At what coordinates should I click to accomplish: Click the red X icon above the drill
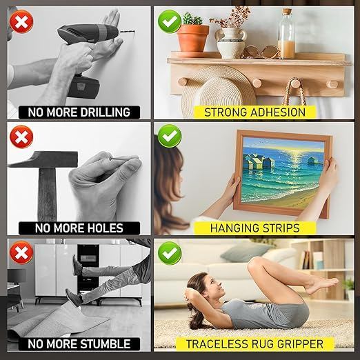pyautogui.click(x=21, y=21)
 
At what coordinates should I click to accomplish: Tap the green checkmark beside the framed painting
pyautogui.click(x=170, y=136)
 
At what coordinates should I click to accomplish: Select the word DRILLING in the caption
pyautogui.click(x=106, y=112)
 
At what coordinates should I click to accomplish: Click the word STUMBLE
pyautogui.click(x=106, y=344)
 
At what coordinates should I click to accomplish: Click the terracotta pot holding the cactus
pyautogui.click(x=193, y=39)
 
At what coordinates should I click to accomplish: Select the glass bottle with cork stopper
pyautogui.click(x=286, y=34)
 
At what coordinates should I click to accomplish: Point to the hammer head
pyautogui.click(x=43, y=159)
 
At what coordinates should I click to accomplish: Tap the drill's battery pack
pyautogui.click(x=83, y=87)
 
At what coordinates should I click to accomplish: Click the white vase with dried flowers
pyautogui.click(x=231, y=43)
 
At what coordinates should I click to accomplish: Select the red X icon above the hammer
pyautogui.click(x=21, y=137)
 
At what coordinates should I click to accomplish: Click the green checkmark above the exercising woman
pyautogui.click(x=170, y=253)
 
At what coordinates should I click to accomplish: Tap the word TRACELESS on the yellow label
pyautogui.click(x=217, y=344)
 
